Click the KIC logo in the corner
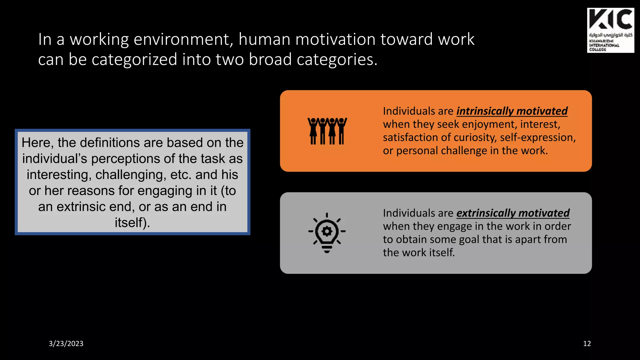pos(610,30)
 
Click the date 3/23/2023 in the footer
pos(66,343)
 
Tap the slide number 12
pos(587,343)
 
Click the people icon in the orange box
pos(327,131)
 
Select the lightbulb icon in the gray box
pos(327,233)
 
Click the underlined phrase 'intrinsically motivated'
pos(512,111)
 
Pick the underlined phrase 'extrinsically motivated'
pos(513,213)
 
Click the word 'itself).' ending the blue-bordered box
pos(132,223)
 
